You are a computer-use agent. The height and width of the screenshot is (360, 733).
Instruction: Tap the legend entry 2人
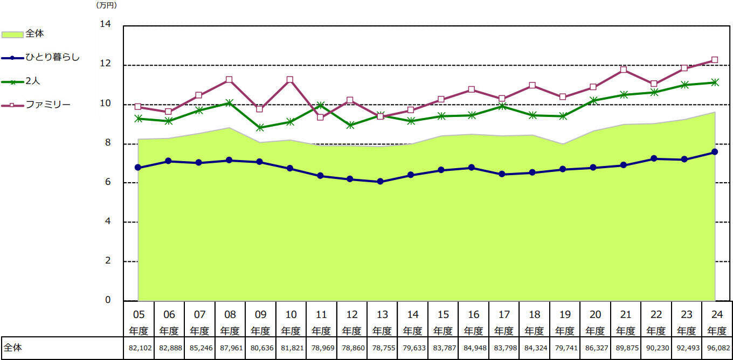click(32, 81)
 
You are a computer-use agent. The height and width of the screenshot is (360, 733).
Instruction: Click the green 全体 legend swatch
click(12, 34)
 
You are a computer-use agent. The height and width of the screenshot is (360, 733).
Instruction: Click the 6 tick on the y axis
click(107, 182)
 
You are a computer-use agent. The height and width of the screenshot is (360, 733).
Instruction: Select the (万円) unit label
click(106, 5)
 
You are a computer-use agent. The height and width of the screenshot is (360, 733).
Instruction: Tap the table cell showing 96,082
click(717, 349)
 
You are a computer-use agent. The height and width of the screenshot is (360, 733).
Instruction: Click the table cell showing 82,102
click(139, 349)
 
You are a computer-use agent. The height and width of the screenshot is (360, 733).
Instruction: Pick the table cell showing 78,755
click(382, 349)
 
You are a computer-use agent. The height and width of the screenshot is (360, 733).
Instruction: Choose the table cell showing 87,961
click(230, 349)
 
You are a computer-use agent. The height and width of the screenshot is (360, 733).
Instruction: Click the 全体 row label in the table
click(13, 348)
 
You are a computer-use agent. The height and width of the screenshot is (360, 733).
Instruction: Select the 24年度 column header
click(717, 322)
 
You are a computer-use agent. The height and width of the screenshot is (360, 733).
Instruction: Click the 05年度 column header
click(139, 322)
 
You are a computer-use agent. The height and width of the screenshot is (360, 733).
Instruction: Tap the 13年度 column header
click(382, 322)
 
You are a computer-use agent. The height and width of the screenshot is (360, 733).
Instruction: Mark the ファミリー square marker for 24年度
click(715, 60)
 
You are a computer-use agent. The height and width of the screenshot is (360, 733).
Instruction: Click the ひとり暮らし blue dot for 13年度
click(381, 182)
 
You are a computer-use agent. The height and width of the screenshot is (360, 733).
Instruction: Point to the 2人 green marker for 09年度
click(260, 128)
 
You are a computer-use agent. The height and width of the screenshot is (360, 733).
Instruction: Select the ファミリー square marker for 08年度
click(229, 79)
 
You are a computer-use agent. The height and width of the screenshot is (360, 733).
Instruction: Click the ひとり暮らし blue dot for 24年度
click(715, 152)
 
